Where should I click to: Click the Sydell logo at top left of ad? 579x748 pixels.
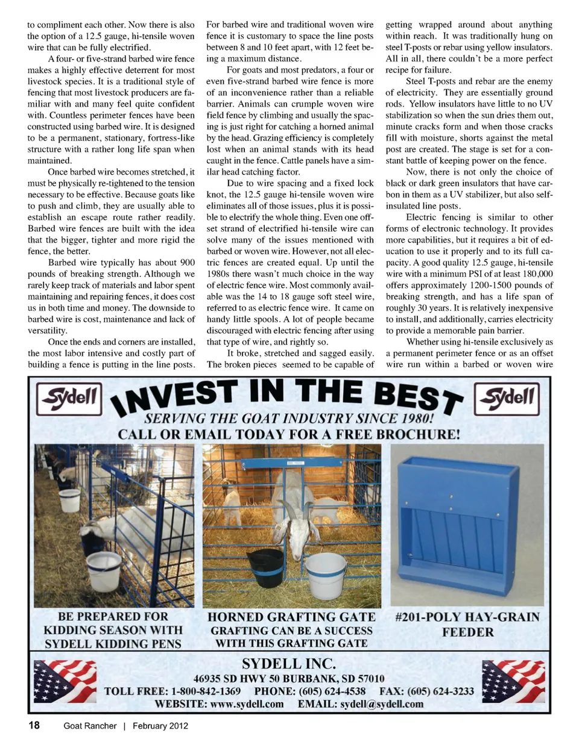69,398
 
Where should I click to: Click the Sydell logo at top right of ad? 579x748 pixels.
507,398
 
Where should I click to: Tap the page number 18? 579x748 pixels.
34,725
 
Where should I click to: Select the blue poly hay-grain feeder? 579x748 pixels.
467,523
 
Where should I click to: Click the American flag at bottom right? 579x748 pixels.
514,681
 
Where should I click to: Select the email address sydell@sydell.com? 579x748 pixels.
382,704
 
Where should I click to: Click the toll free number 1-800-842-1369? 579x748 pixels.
206,691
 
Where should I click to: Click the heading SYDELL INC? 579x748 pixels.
289,664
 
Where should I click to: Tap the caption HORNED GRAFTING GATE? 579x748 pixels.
291,617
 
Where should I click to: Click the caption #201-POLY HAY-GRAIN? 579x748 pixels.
467,617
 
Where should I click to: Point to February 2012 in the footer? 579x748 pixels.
160,726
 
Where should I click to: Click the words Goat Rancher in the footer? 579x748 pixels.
90,726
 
